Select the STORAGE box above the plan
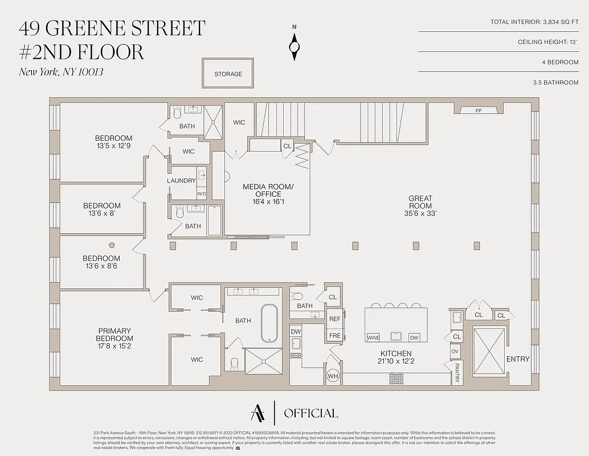[x=228, y=74]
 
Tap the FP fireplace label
[x=478, y=111]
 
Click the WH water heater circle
[x=333, y=376]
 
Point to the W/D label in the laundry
[x=202, y=194]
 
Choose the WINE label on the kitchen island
[x=373, y=337]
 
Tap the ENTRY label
[x=517, y=359]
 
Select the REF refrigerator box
[x=335, y=319]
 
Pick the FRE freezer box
[x=335, y=336]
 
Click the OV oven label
[x=455, y=352]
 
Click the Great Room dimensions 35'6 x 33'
[x=420, y=213]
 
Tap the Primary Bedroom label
[x=114, y=335]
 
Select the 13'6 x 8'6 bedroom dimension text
[x=101, y=266]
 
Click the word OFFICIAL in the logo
[x=310, y=413]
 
